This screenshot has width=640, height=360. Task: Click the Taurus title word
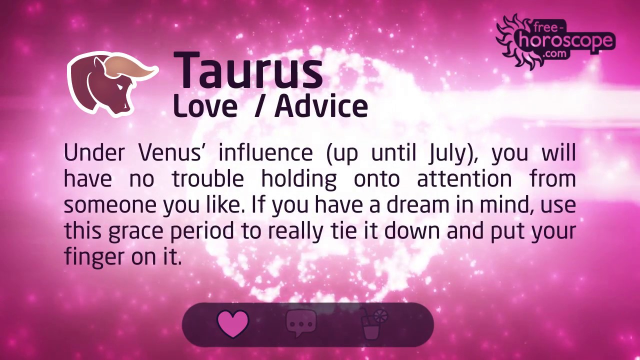[x=248, y=71]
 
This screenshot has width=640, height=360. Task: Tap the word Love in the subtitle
[x=205, y=106]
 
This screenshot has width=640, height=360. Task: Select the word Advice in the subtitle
[x=321, y=106]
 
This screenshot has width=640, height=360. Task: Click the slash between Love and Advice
[x=258, y=106]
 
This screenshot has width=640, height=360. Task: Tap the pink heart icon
[x=233, y=323]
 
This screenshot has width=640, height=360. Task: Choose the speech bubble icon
[x=301, y=323]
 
